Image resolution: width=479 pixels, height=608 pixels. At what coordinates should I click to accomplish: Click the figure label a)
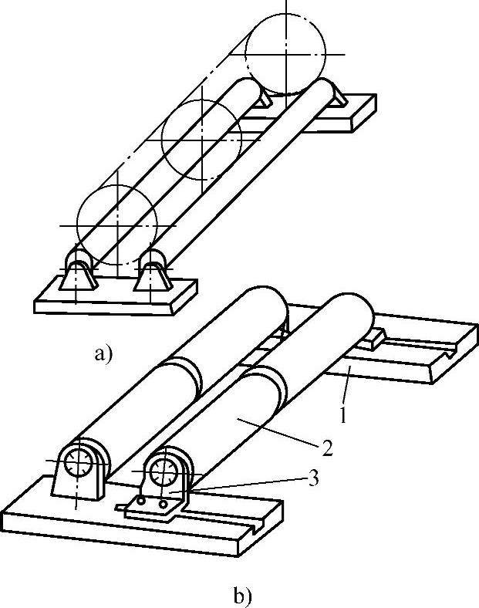pyautogui.click(x=103, y=355)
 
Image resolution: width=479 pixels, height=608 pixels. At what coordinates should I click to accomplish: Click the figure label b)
pyautogui.click(x=241, y=596)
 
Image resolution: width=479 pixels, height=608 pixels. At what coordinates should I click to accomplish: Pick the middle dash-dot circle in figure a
pyautogui.click(x=202, y=137)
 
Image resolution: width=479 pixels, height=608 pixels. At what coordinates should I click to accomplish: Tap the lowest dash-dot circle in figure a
pyautogui.click(x=117, y=225)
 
